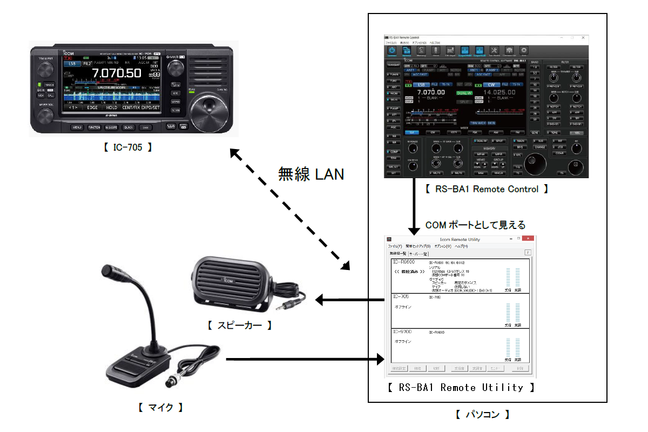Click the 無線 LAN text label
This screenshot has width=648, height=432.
tap(311, 174)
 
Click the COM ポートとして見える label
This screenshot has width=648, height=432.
tap(475, 225)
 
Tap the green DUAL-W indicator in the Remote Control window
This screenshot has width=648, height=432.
tap(464, 93)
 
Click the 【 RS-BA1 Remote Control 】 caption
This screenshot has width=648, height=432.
tap(485, 190)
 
